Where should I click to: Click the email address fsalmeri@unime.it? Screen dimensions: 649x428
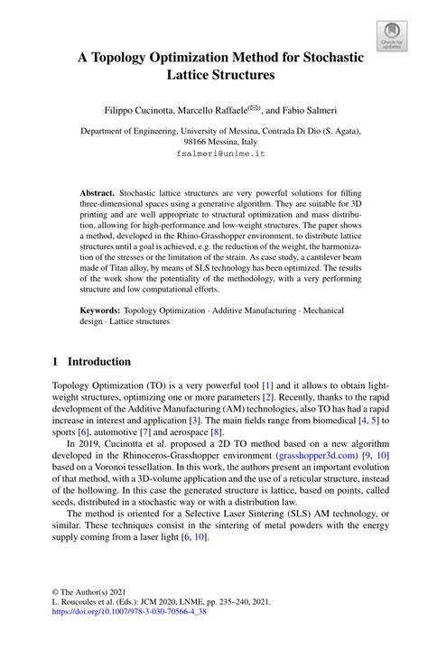pos(214,154)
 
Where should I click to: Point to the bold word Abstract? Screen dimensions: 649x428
pos(97,193)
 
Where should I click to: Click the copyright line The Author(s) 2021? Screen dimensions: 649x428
pos(99,588)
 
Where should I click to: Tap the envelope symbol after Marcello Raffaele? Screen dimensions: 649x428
pos(255,107)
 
